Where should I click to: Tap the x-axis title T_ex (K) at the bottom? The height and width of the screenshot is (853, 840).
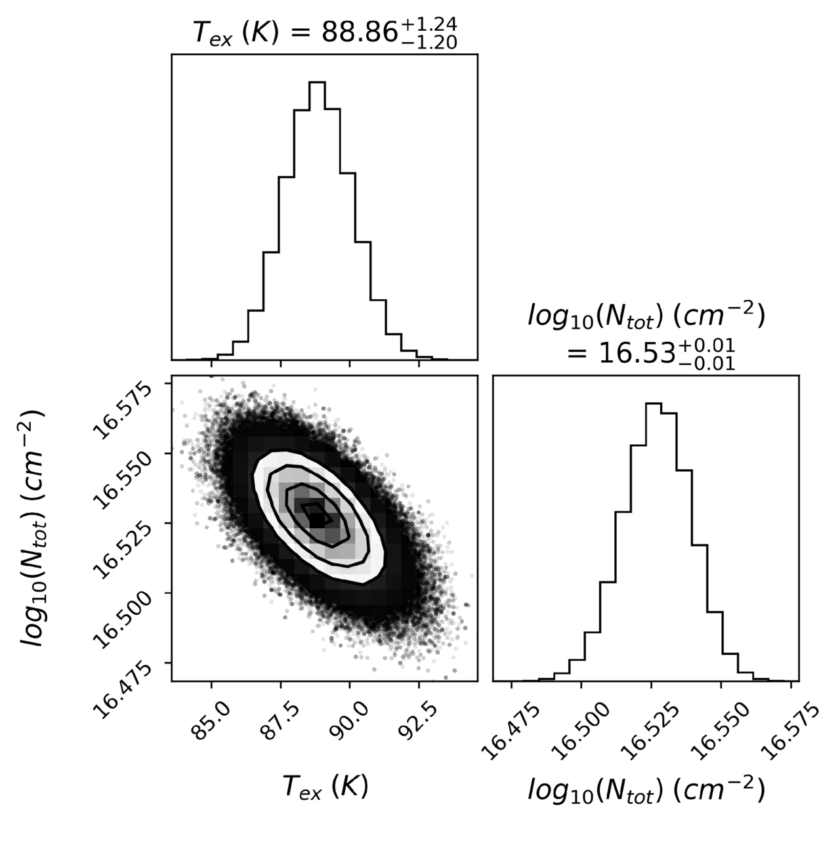click(x=325, y=786)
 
